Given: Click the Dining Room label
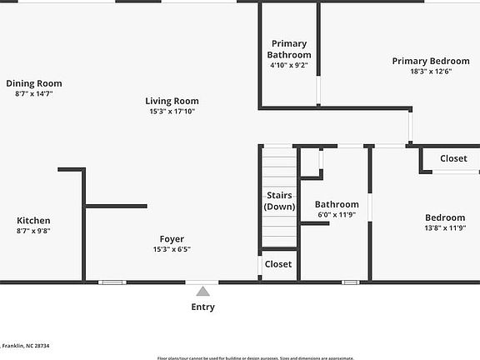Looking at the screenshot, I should (33, 83).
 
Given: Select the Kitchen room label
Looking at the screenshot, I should (33, 221).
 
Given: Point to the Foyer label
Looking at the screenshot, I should (172, 239).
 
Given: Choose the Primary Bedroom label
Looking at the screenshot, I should (431, 61).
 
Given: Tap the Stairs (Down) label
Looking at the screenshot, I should (278, 201).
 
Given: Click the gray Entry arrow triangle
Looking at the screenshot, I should (202, 291).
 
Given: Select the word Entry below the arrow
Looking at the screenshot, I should (202, 307).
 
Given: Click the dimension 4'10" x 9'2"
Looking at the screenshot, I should (288, 65).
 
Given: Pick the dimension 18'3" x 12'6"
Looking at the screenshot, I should (431, 72).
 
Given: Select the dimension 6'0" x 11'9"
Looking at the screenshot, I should (337, 214).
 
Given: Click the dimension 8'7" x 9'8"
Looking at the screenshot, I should (33, 231).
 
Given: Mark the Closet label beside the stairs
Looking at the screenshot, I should (278, 264).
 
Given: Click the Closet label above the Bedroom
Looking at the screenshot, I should (453, 158).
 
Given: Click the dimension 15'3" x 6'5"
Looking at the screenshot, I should (172, 249).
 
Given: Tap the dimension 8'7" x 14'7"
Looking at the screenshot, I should (33, 93).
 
